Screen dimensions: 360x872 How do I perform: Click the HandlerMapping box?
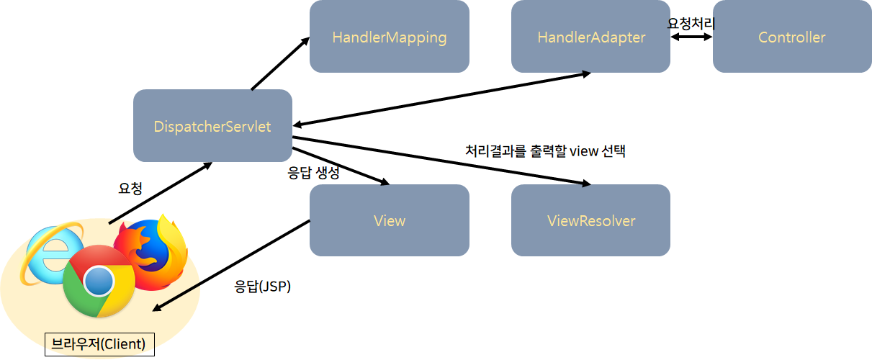tap(389, 37)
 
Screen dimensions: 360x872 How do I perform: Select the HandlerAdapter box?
tap(590, 37)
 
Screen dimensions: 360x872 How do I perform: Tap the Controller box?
tap(792, 37)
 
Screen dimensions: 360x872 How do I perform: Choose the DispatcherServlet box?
tap(212, 126)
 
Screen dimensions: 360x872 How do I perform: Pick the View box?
tap(389, 220)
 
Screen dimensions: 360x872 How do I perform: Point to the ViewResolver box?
tap(590, 220)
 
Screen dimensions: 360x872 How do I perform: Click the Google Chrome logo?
tap(98, 282)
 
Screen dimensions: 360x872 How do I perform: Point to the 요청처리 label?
tap(691, 22)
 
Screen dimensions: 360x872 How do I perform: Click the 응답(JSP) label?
tap(263, 286)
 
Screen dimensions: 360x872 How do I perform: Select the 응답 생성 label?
tap(313, 172)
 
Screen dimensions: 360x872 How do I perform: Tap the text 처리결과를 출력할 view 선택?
tap(546, 151)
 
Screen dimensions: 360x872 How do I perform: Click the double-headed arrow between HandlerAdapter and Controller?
tap(691, 37)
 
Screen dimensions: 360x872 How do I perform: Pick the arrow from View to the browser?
tap(230, 266)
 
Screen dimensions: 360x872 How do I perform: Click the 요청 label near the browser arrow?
tap(130, 188)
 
